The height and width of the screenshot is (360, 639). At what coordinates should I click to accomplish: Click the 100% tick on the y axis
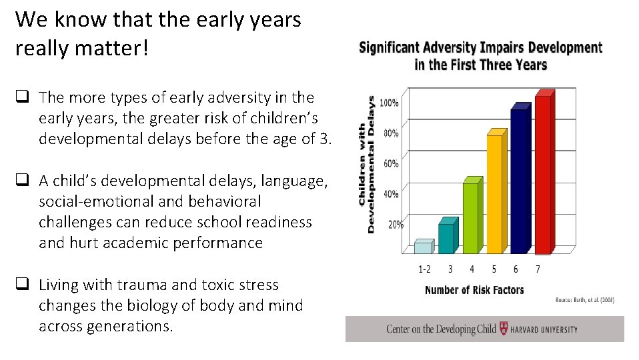point(390,103)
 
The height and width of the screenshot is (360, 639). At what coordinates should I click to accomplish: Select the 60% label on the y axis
point(390,163)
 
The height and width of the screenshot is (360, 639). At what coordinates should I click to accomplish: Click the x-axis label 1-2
point(425,269)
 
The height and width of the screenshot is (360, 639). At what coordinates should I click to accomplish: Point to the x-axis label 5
point(494,269)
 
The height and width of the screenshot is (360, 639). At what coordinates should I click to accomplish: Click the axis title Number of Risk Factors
point(474,290)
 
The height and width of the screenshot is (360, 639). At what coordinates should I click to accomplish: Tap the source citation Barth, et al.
point(585,301)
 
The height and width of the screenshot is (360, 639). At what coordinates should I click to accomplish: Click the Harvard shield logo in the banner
point(504,329)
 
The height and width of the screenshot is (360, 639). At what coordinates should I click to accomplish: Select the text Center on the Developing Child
point(441,329)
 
